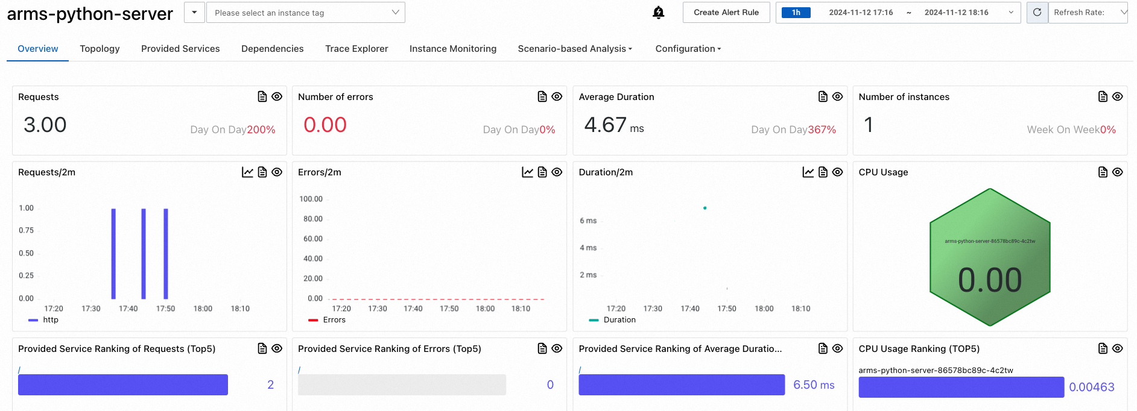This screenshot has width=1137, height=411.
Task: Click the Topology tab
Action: [x=100, y=49]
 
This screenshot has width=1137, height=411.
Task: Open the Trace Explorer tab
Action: [x=356, y=49]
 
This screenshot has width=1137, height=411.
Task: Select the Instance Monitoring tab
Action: [x=452, y=49]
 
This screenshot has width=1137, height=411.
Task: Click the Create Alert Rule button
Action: [x=726, y=13]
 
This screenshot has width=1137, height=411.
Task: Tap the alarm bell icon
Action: [x=659, y=13]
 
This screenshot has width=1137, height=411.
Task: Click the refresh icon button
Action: [x=1037, y=13]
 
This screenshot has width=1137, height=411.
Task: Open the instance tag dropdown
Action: [x=305, y=13]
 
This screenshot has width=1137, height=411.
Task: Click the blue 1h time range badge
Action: [x=796, y=13]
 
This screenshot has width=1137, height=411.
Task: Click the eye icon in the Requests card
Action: [x=277, y=96]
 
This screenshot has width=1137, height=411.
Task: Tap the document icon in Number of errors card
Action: [x=542, y=96]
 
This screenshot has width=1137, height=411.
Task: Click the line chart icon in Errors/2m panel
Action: [x=527, y=172]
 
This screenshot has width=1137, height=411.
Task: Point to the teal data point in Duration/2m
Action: [x=705, y=208]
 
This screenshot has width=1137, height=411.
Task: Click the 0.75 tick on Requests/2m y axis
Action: [x=26, y=230]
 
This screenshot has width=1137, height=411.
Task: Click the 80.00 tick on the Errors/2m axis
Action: [x=313, y=219]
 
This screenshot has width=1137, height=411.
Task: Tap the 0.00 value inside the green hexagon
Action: [x=990, y=280]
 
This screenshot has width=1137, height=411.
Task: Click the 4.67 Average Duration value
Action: [x=606, y=125]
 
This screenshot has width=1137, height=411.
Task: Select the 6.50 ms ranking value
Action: [x=814, y=385]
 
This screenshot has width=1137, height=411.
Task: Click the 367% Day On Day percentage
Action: [x=822, y=130]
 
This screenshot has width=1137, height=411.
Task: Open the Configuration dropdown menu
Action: [x=688, y=49]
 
